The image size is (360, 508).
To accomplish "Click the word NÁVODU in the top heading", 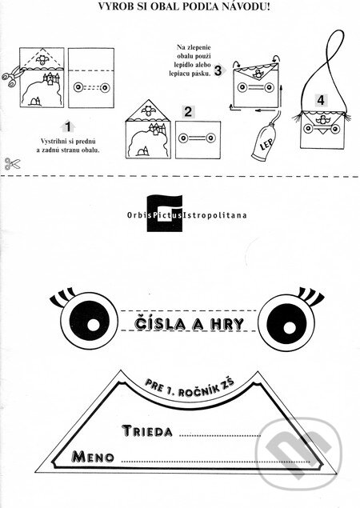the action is tap(247, 6).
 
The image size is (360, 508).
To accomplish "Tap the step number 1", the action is tap(68, 126).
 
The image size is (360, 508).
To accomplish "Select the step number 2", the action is tap(188, 112).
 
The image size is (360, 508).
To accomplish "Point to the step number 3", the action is tap(218, 70).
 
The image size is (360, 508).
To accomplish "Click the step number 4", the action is tap(321, 100).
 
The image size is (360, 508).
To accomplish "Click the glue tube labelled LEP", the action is tap(264, 143).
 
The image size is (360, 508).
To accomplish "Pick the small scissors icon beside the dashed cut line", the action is tap(12, 164).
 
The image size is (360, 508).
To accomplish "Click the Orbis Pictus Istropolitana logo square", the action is tap(165, 213).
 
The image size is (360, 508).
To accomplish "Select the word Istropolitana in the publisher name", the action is tap(215, 215).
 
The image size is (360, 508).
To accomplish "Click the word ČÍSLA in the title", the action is tap(159, 324).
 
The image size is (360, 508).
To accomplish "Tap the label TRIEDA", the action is tap(147, 430).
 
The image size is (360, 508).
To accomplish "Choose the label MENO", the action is tap(94, 457).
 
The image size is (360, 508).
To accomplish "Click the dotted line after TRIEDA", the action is tap(220, 435).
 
